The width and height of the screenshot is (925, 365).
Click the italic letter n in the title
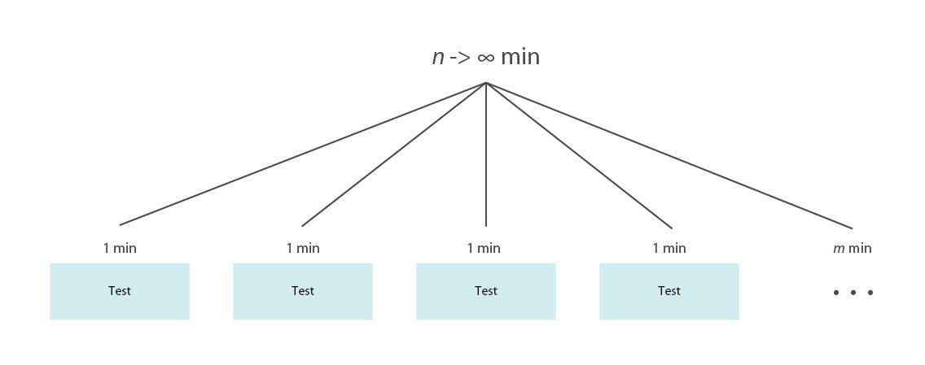tap(438, 59)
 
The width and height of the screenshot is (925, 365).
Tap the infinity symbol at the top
tap(485, 58)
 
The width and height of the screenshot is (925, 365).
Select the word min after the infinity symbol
tap(519, 57)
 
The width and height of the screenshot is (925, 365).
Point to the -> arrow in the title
tap(460, 58)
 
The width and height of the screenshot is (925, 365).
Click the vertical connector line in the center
tap(486, 154)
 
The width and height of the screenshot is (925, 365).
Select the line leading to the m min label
tap(669, 155)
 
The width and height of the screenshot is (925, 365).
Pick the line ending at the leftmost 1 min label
tap(303, 154)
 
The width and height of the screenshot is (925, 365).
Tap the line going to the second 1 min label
tap(394, 154)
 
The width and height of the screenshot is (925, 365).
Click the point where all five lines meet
tap(486, 83)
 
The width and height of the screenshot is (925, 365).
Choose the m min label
tap(852, 249)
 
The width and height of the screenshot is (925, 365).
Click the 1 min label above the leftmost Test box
tap(120, 249)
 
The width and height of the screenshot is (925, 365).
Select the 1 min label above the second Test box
tap(303, 249)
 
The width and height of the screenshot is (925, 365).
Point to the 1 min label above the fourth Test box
tap(669, 249)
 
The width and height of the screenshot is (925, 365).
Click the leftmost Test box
tap(120, 291)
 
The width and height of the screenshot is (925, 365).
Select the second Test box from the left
tap(303, 291)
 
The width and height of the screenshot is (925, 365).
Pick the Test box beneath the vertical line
tap(486, 291)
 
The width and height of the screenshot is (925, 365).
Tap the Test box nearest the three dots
tap(669, 291)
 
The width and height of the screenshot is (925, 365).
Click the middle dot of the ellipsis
tap(853, 293)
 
